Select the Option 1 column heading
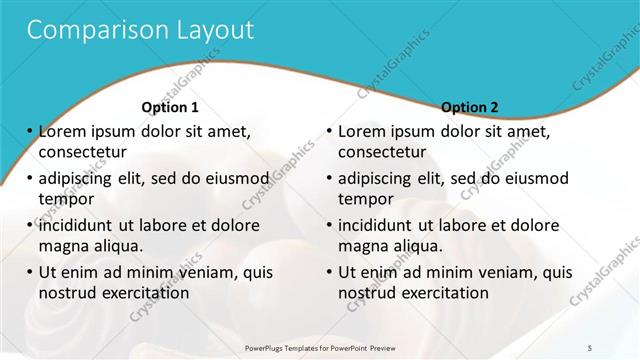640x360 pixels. [x=170, y=107]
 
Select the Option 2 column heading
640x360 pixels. [x=470, y=107]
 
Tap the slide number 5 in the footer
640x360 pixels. [x=590, y=345]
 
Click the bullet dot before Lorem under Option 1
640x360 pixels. [x=30, y=132]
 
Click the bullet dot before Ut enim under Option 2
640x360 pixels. [x=330, y=272]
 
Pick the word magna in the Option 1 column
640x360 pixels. [x=62, y=246]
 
